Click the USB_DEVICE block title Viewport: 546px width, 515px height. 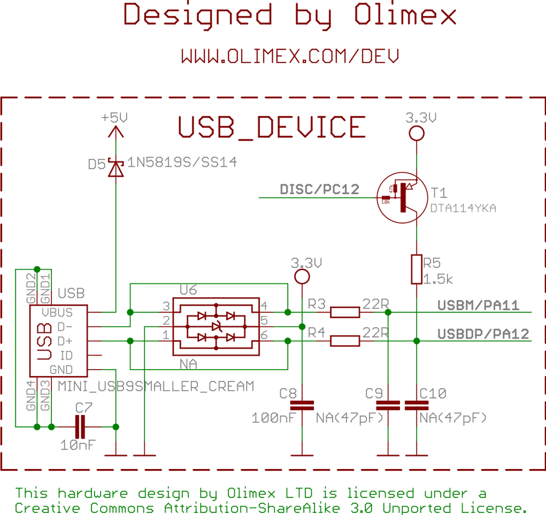[272, 127]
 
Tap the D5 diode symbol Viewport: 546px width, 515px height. [115, 167]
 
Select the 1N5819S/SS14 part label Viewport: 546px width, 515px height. [182, 162]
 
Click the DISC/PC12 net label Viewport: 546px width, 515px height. [319, 189]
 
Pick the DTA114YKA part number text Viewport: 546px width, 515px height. [463, 208]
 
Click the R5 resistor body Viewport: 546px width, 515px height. [416, 269]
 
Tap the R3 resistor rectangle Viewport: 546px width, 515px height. [345, 312]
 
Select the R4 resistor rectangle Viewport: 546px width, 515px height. [345, 341]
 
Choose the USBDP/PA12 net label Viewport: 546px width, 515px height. [483, 333]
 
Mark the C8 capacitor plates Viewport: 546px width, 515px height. [302, 405]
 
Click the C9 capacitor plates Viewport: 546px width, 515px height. [388, 405]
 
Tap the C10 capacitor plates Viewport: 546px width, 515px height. [416, 405]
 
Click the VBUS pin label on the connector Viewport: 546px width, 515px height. [57, 313]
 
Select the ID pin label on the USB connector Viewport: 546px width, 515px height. [67, 355]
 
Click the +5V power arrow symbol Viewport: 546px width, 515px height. [115, 131]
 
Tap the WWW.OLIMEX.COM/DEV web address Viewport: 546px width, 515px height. [290, 56]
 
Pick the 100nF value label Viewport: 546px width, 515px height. [273, 418]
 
